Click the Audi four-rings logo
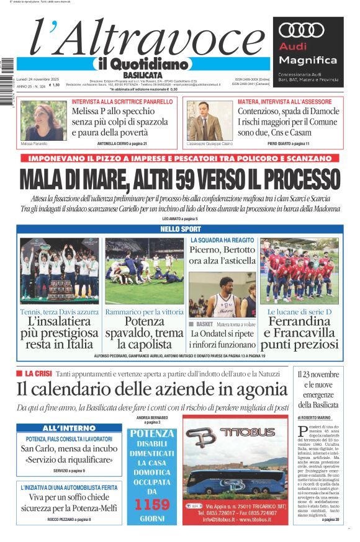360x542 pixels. (302, 31)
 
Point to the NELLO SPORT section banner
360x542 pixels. (180, 229)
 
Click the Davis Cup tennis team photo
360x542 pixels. (59, 270)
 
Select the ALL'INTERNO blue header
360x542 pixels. (70, 429)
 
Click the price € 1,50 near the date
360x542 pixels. (54, 86)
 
